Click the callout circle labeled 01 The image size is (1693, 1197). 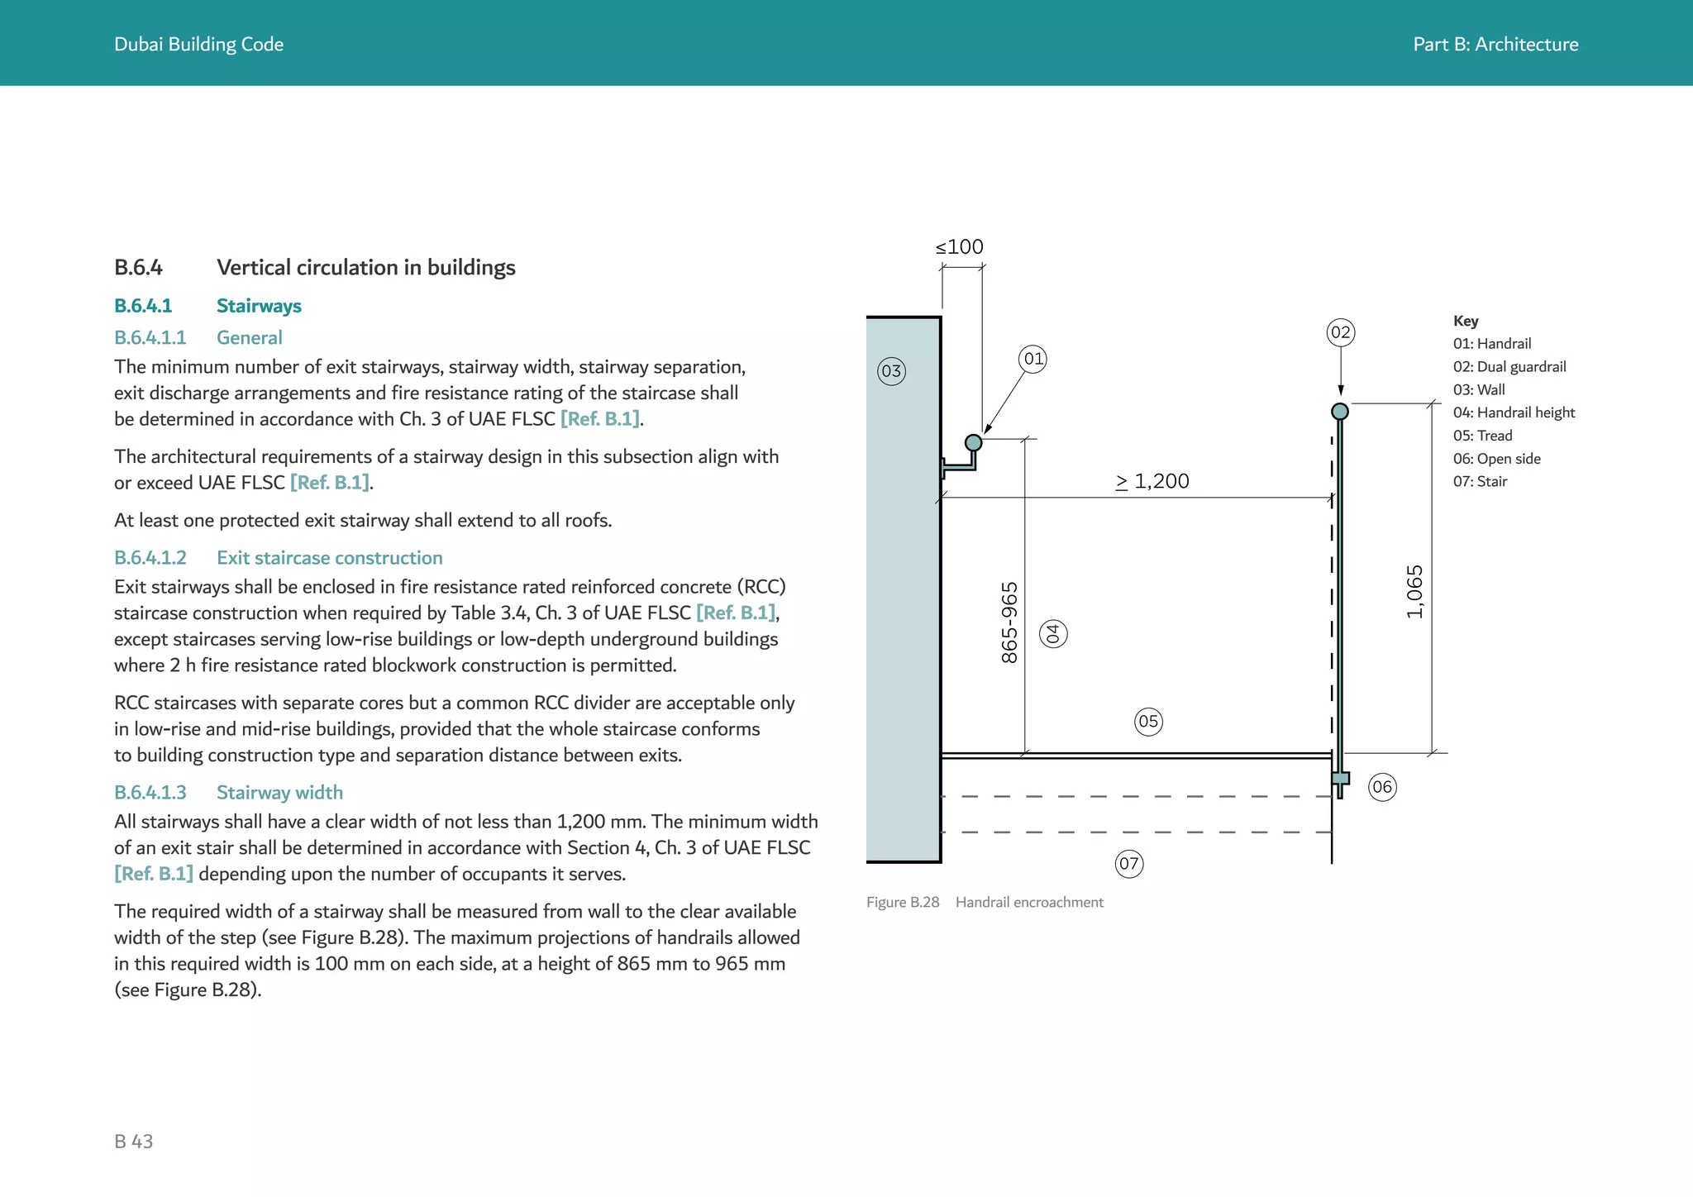click(1033, 359)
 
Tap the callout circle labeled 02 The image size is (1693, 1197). click(1340, 332)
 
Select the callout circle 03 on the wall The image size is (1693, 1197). click(891, 371)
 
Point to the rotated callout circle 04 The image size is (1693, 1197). click(1053, 634)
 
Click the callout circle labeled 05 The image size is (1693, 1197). click(1148, 722)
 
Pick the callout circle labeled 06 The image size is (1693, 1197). click(1382, 787)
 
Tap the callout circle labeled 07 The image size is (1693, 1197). click(1129, 865)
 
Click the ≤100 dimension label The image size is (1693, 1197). click(960, 247)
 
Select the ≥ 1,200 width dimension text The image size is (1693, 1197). click(1152, 481)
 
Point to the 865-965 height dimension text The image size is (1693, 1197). click(1009, 622)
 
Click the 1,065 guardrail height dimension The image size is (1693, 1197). click(1414, 592)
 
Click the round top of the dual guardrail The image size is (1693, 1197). click(1340, 412)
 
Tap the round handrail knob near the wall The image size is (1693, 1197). click(974, 443)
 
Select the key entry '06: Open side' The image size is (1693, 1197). click(1496, 459)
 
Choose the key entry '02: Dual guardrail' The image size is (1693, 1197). click(1509, 366)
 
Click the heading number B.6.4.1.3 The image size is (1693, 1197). click(150, 793)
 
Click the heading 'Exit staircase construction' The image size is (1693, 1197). click(329, 558)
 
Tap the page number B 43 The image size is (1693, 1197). click(134, 1142)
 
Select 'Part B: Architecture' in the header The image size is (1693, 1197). click(1495, 45)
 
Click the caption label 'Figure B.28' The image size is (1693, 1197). click(903, 903)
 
